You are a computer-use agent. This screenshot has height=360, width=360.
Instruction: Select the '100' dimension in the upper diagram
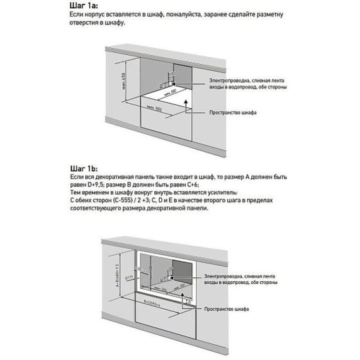(x=172, y=74)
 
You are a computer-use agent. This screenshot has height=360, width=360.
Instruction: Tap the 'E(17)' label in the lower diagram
(x=127, y=278)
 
